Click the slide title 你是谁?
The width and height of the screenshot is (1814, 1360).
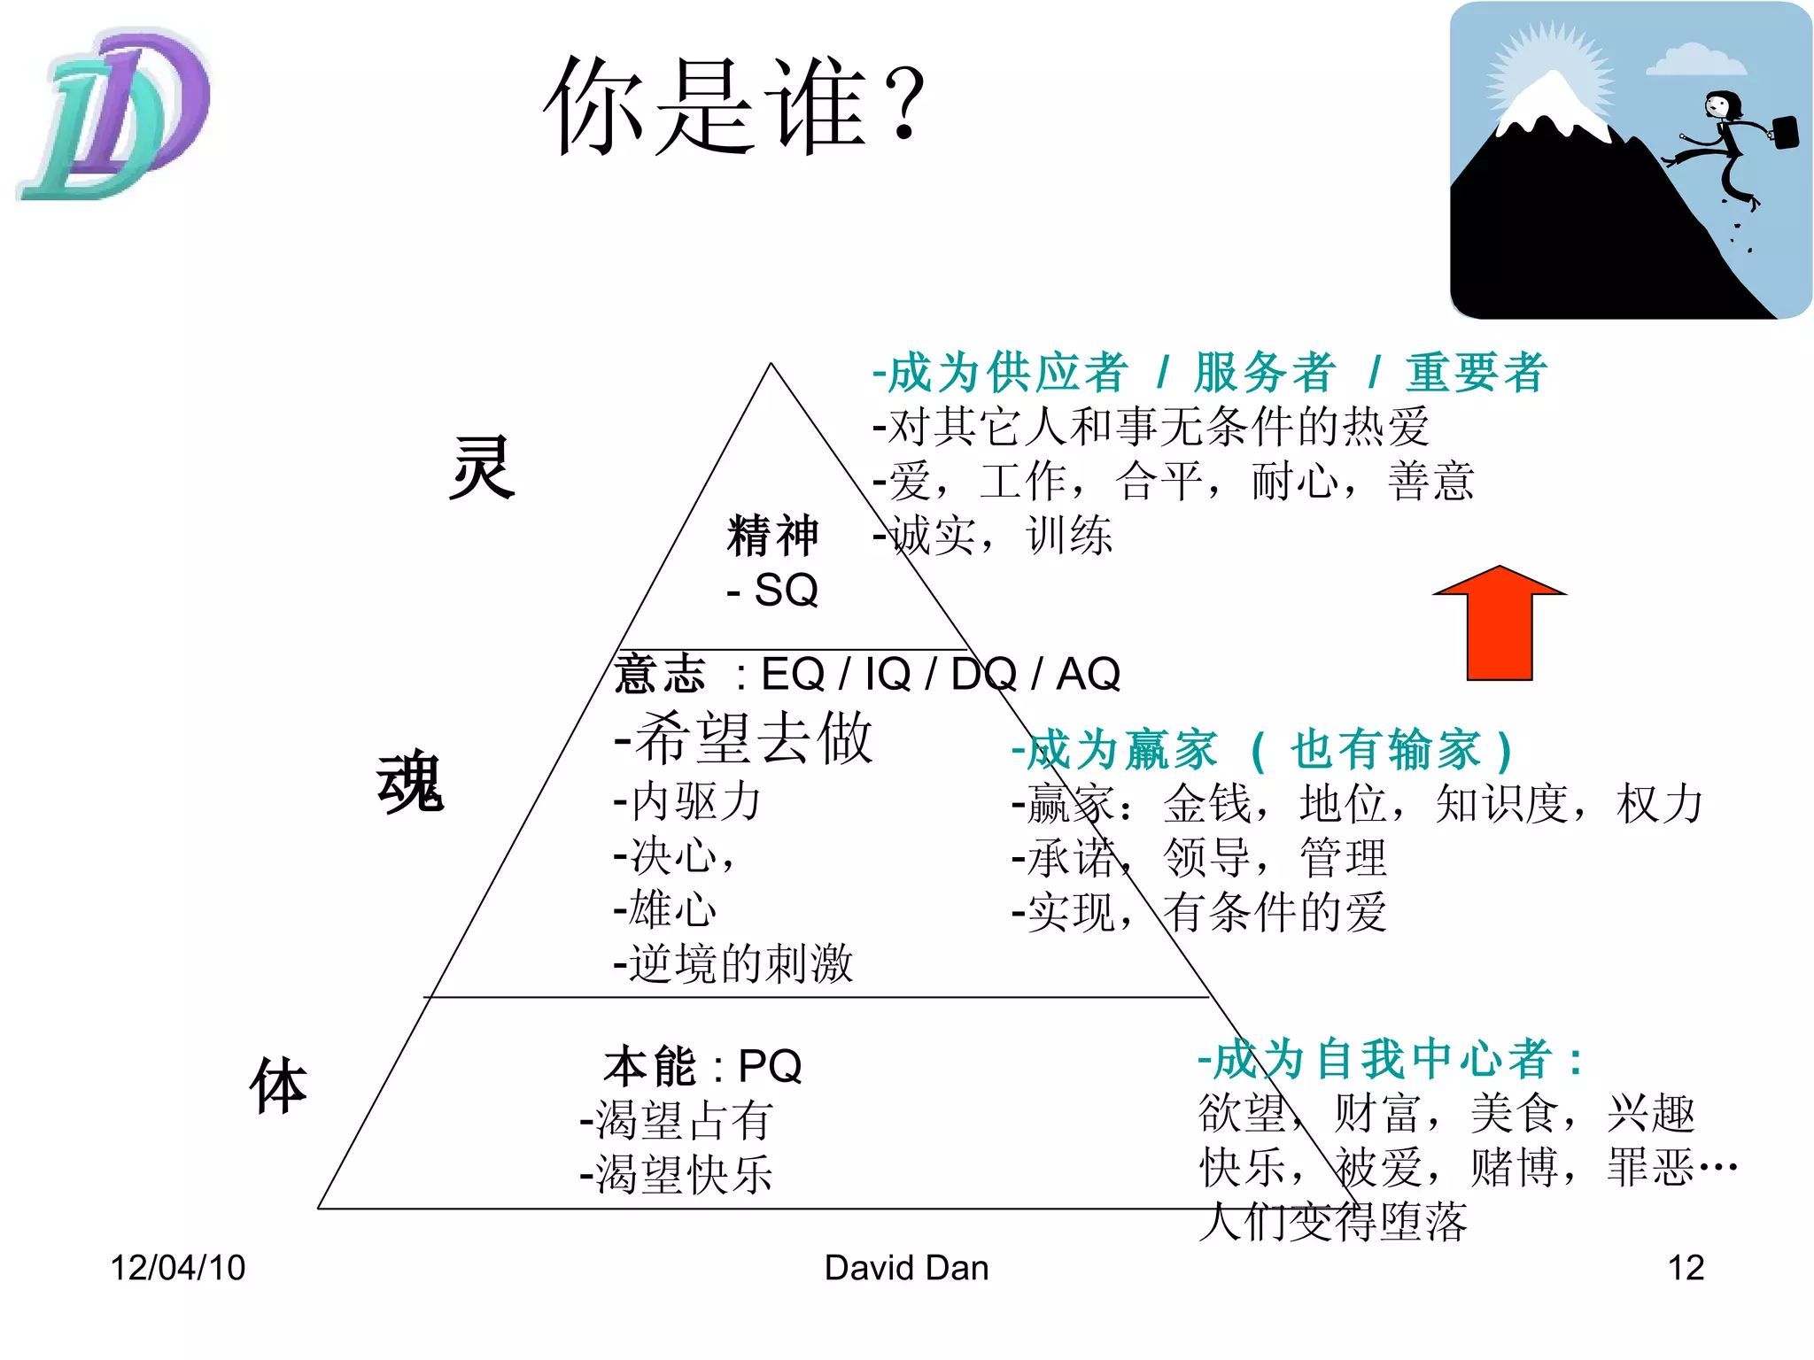pos(734,106)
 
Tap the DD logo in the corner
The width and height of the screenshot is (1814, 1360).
pos(115,115)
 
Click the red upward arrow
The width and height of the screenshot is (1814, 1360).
pos(1499,624)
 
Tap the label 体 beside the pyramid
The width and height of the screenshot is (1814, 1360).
pos(278,1086)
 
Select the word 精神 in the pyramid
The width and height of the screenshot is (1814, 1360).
pos(772,536)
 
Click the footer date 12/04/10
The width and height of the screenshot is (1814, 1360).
pos(177,1268)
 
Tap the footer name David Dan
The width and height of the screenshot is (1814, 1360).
pos(906,1268)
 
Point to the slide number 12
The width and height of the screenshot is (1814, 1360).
pos(1686,1268)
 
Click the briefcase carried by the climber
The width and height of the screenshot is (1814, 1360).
pos(1785,133)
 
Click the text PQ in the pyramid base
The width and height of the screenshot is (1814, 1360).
pos(770,1066)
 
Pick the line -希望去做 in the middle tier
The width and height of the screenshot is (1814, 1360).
pos(744,738)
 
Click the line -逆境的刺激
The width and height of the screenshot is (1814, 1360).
pos(733,963)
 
